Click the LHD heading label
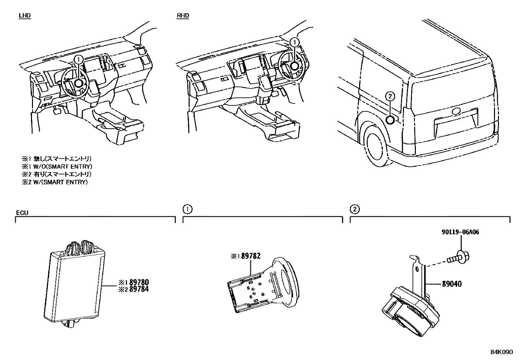(x=25, y=16)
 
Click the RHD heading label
(x=183, y=16)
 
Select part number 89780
(x=139, y=282)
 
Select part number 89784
(x=139, y=289)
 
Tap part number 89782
(x=251, y=256)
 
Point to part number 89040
(x=451, y=284)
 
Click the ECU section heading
(x=22, y=212)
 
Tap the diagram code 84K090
(x=501, y=352)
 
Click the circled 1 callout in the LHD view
(x=78, y=59)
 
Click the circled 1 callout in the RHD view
(x=294, y=42)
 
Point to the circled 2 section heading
(x=355, y=209)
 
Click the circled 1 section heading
(x=187, y=209)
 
